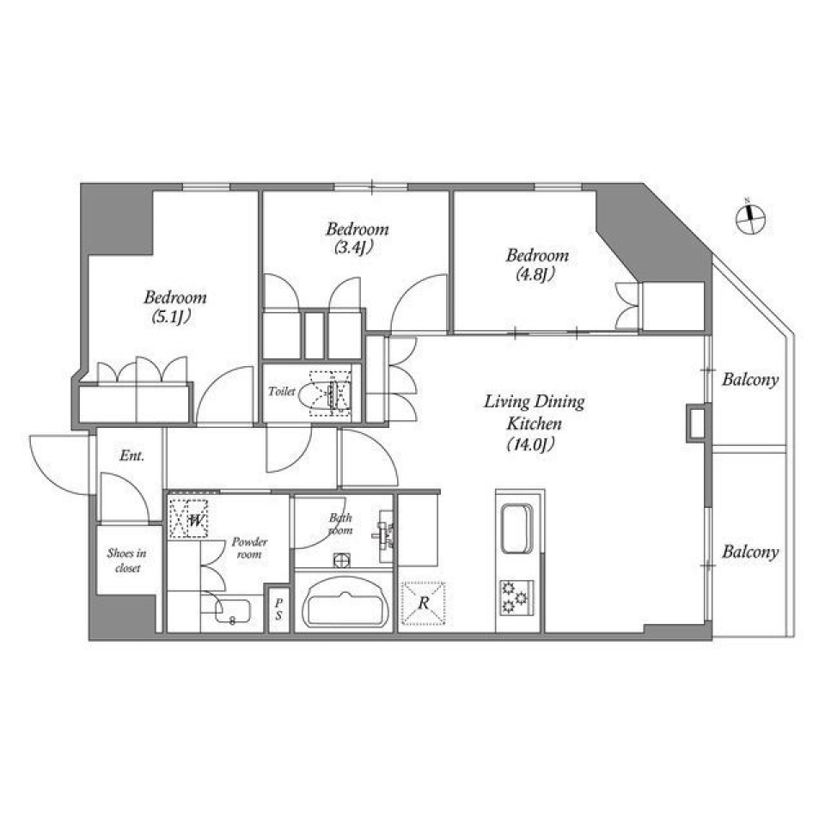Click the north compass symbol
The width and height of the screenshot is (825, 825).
pyautogui.click(x=751, y=217)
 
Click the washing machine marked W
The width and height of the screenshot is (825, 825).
pyautogui.click(x=191, y=519)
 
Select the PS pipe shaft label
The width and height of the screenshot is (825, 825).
pyautogui.click(x=278, y=609)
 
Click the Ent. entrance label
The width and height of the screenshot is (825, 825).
pyautogui.click(x=131, y=455)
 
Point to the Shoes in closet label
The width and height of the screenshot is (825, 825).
pyautogui.click(x=126, y=560)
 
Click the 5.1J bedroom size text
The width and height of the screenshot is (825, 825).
pyautogui.click(x=174, y=317)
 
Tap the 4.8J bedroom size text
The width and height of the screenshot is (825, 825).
pyautogui.click(x=537, y=275)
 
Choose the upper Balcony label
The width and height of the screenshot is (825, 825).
pyautogui.click(x=749, y=379)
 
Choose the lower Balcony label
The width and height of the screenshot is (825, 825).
pyautogui.click(x=749, y=552)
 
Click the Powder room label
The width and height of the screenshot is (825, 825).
pyautogui.click(x=249, y=548)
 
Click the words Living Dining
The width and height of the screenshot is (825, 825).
pyautogui.click(x=534, y=401)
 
